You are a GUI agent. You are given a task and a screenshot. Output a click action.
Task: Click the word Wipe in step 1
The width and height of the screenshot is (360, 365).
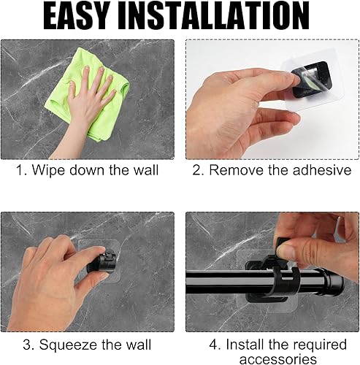49,170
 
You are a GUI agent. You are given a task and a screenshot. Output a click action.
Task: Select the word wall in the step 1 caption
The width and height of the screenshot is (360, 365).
146,170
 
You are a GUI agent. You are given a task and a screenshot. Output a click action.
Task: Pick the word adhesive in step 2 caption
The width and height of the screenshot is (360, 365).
322,170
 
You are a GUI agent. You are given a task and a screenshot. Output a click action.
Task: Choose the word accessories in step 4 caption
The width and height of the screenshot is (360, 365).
278,359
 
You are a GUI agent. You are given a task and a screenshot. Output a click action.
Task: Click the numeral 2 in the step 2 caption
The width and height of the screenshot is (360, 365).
196,170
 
